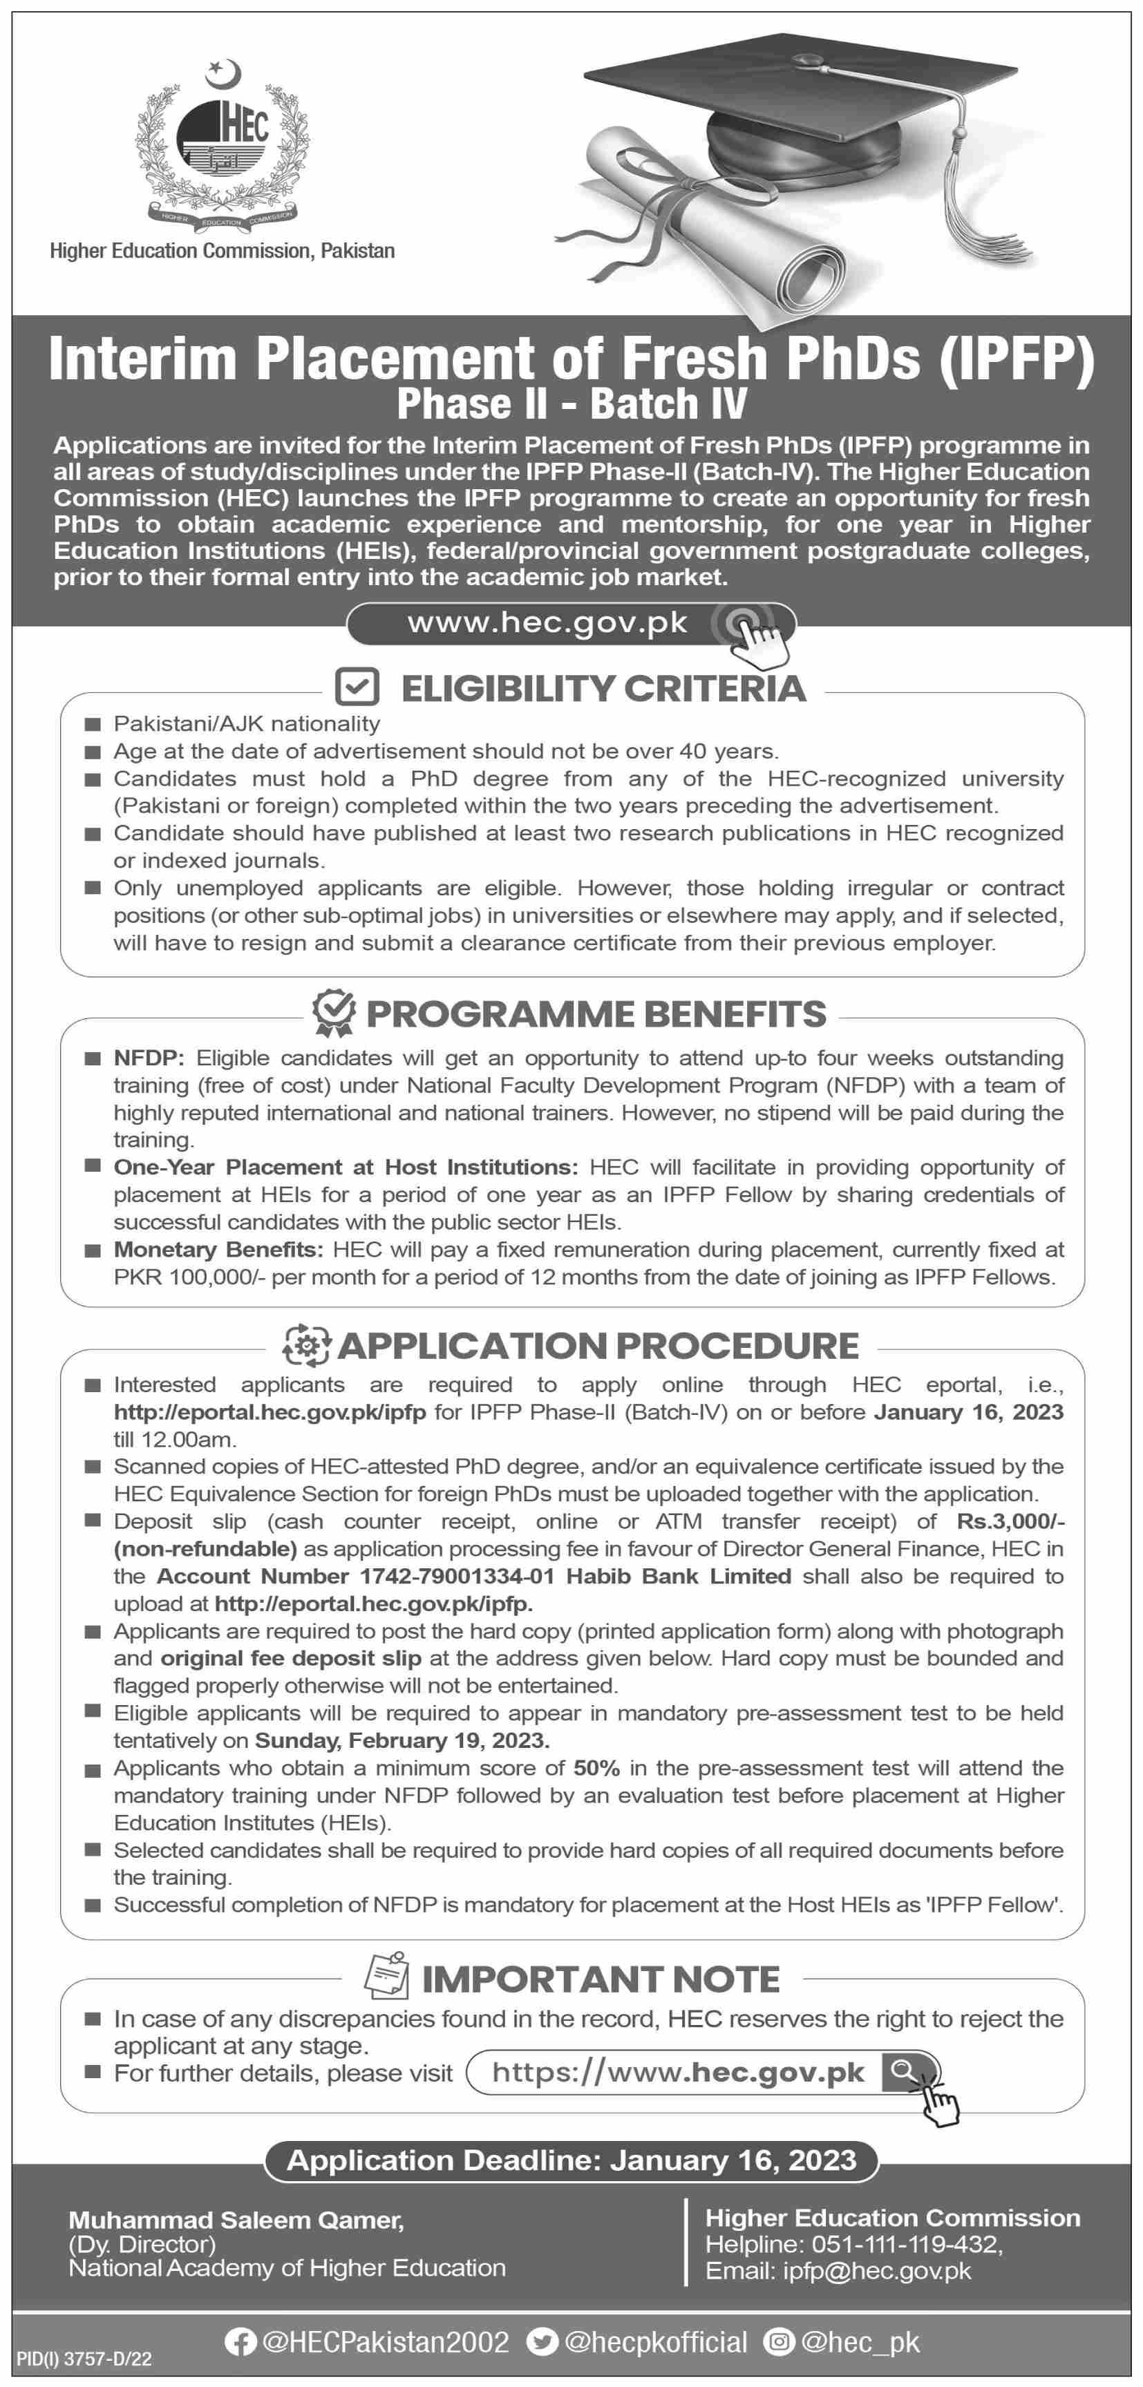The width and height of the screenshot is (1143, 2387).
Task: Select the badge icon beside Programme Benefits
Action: click(333, 1013)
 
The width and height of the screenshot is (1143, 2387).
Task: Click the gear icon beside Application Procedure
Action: click(306, 1345)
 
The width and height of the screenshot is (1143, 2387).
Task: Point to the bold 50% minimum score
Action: click(596, 1768)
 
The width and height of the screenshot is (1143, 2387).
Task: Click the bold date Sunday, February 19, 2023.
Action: click(402, 1740)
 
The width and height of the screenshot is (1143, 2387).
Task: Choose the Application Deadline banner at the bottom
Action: click(571, 2160)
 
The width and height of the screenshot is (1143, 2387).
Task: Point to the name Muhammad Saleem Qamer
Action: click(236, 2220)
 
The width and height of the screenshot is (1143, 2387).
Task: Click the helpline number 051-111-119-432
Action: click(906, 2244)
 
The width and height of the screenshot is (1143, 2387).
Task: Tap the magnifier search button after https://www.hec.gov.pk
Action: click(904, 2072)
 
